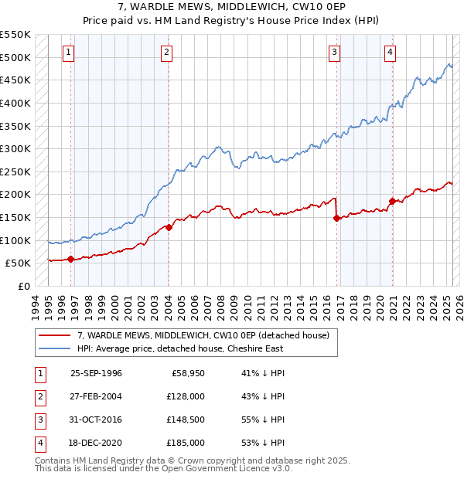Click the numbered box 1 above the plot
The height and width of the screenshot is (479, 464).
69,53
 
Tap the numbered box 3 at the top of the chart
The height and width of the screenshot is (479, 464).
334,53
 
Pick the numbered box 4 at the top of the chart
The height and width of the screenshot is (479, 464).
390,53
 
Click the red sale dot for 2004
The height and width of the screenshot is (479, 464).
169,227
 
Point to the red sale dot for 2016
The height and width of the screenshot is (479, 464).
336,218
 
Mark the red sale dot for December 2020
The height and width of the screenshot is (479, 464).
392,201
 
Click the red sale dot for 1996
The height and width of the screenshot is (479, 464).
70,259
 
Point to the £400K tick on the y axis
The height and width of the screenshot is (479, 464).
15,103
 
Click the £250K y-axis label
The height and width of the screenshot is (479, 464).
15,172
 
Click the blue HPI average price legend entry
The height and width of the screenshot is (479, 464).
180,348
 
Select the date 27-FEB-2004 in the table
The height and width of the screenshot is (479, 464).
96,396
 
